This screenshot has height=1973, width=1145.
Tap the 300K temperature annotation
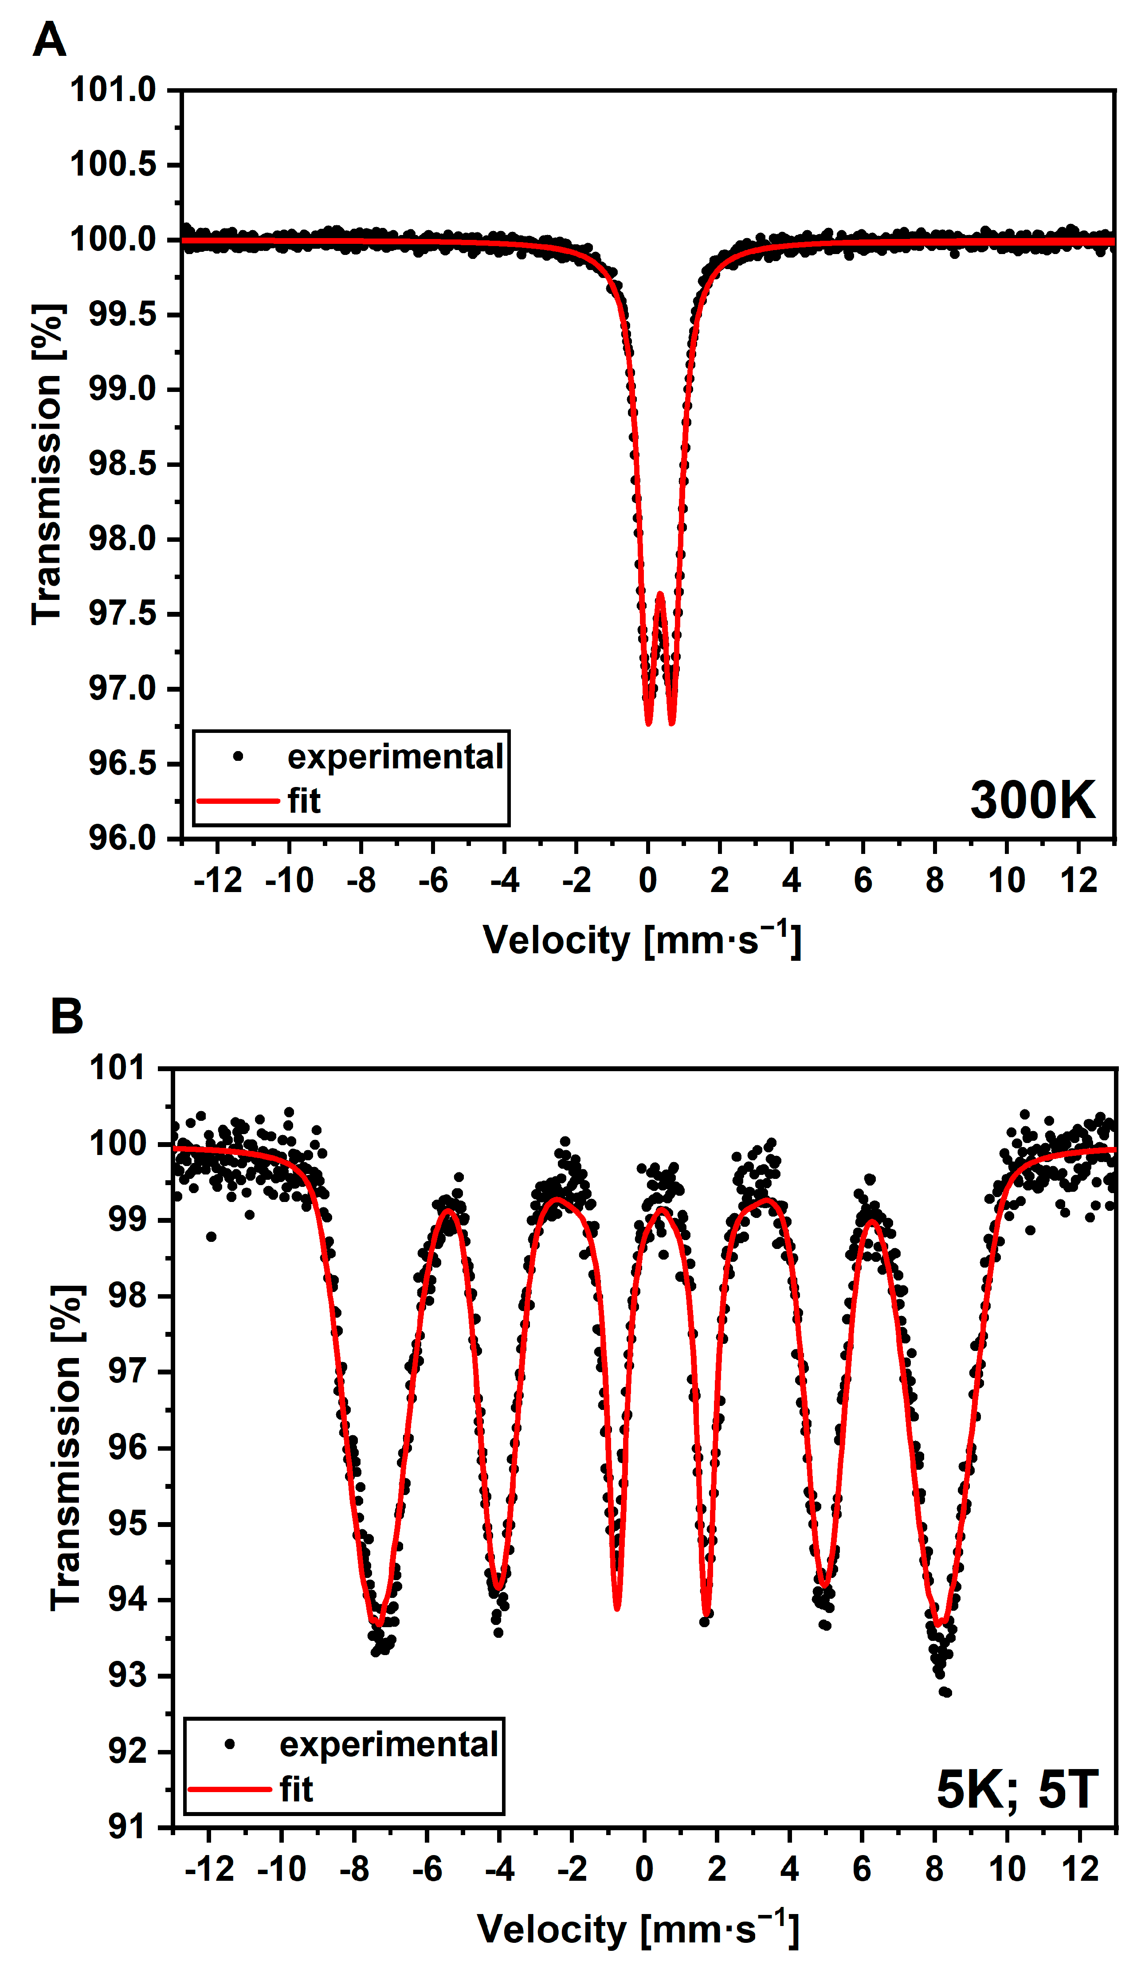pyautogui.click(x=1032, y=800)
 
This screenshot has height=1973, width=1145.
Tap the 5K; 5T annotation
pyautogui.click(x=1016, y=1789)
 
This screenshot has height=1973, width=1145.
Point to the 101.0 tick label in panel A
pyautogui.click(x=114, y=90)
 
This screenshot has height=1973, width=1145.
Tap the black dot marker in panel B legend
pyautogui.click(x=229, y=1745)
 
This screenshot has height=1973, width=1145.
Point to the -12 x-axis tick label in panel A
pyautogui.click(x=218, y=881)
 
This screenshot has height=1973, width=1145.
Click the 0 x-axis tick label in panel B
pyautogui.click(x=644, y=1870)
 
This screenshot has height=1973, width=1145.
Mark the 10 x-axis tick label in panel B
pyautogui.click(x=1006, y=1870)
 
